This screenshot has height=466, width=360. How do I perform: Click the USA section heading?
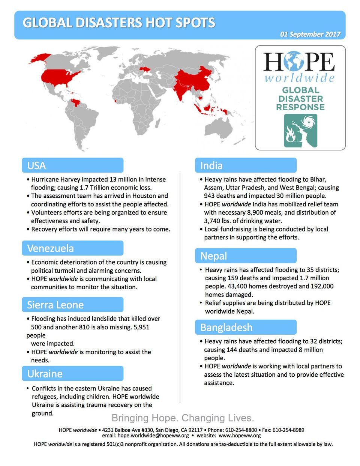(37, 165)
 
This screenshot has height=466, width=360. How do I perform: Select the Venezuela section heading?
(50, 248)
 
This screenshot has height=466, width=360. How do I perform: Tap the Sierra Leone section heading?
(55, 305)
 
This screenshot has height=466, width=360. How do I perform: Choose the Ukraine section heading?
(45, 374)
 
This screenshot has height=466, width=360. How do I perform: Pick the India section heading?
(211, 165)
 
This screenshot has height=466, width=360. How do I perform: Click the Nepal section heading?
(214, 256)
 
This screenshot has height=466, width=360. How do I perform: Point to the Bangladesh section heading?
(226, 328)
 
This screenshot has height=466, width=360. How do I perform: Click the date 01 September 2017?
(310, 34)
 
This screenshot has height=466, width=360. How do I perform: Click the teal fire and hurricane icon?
(300, 131)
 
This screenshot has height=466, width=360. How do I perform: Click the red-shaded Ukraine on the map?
(145, 69)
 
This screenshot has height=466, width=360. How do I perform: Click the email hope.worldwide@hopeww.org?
(153, 436)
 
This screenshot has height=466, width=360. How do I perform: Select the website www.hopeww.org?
(240, 436)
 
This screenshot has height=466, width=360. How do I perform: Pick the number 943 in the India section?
(210, 196)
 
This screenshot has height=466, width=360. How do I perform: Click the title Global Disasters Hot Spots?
(119, 23)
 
